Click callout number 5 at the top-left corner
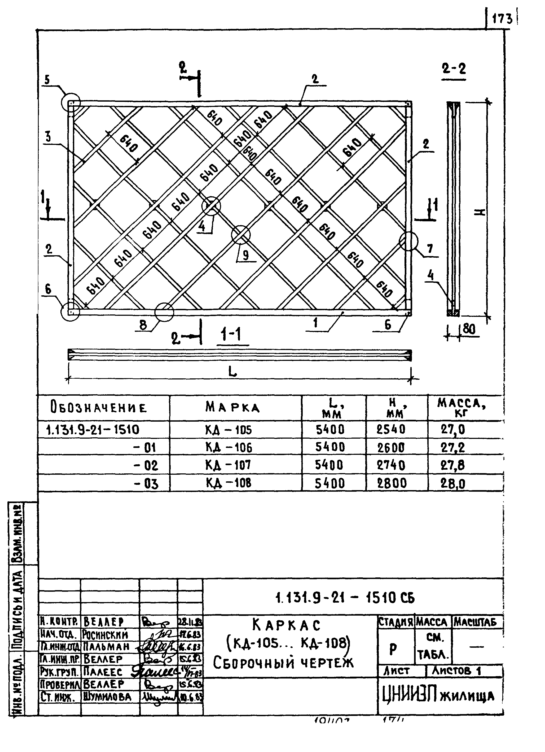click(x=47, y=80)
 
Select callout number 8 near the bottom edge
click(x=143, y=325)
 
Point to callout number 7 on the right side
click(x=430, y=248)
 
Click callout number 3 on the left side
click(x=48, y=137)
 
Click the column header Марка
click(x=232, y=407)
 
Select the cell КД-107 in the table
click(x=228, y=465)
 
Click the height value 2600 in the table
click(x=391, y=448)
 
